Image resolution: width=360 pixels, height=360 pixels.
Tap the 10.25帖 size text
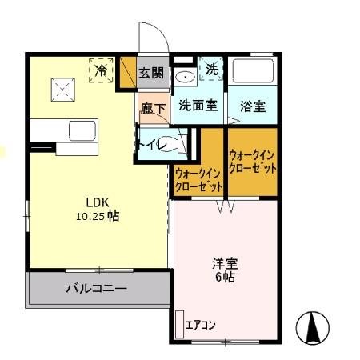coord(97,216)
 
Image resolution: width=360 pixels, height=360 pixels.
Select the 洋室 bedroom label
coord(224,263)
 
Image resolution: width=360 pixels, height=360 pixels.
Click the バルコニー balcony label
coord(96,289)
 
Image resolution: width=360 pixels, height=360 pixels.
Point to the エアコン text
coord(201,325)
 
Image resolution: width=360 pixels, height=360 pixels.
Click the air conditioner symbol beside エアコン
coord(179,323)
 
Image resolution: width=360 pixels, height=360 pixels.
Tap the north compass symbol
coord(314,326)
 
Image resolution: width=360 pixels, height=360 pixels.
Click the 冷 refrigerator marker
coord(102,70)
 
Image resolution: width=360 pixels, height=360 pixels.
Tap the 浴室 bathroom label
coord(253,105)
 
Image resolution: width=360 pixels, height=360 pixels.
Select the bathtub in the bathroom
coord(253,74)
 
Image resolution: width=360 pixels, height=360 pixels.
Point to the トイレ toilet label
coord(152,145)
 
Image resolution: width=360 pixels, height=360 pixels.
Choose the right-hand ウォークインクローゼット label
coord(253,162)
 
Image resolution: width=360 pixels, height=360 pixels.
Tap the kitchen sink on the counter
coord(80,130)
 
